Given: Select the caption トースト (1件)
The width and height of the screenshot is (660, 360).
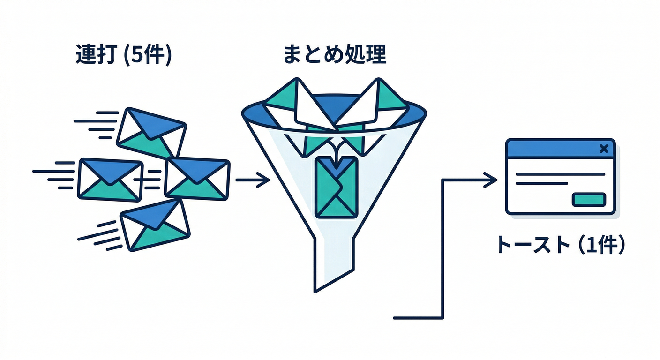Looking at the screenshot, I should click(x=561, y=245).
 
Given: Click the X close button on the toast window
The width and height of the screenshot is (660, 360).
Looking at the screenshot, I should click(x=604, y=149).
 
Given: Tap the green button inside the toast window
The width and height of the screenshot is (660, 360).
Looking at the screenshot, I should click(x=589, y=200).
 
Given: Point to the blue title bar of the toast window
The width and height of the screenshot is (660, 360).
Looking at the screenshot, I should click(x=553, y=149).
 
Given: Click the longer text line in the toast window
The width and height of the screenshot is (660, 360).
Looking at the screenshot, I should click(x=560, y=174).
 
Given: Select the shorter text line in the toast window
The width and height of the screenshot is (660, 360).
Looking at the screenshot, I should click(x=541, y=183).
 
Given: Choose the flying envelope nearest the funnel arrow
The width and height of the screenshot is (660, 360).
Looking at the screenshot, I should click(x=197, y=179).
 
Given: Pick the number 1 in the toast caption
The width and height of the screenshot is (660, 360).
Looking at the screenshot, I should click(x=586, y=245).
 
